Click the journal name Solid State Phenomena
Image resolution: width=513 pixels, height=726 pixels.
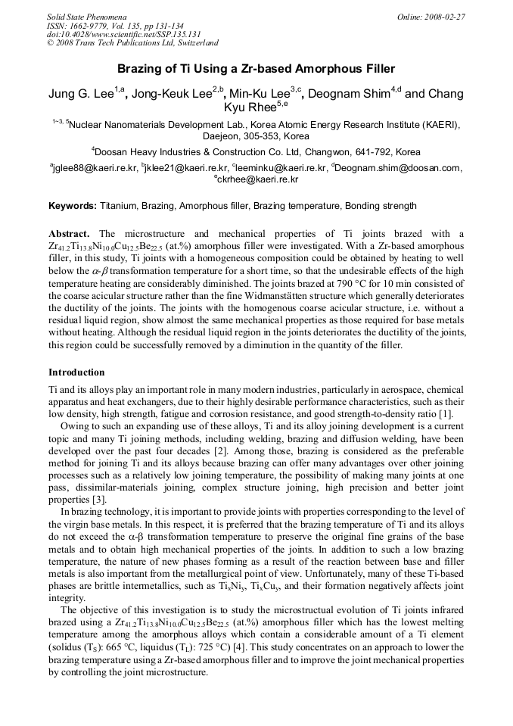[x=86, y=16]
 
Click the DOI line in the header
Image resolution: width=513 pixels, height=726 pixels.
[x=124, y=34]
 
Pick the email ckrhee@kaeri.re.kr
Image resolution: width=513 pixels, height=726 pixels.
[x=258, y=180]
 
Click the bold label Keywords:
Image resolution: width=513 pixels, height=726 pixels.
[x=73, y=205]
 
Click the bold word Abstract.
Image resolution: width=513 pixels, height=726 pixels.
[x=69, y=234]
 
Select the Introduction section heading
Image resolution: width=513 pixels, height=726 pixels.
[x=76, y=372]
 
